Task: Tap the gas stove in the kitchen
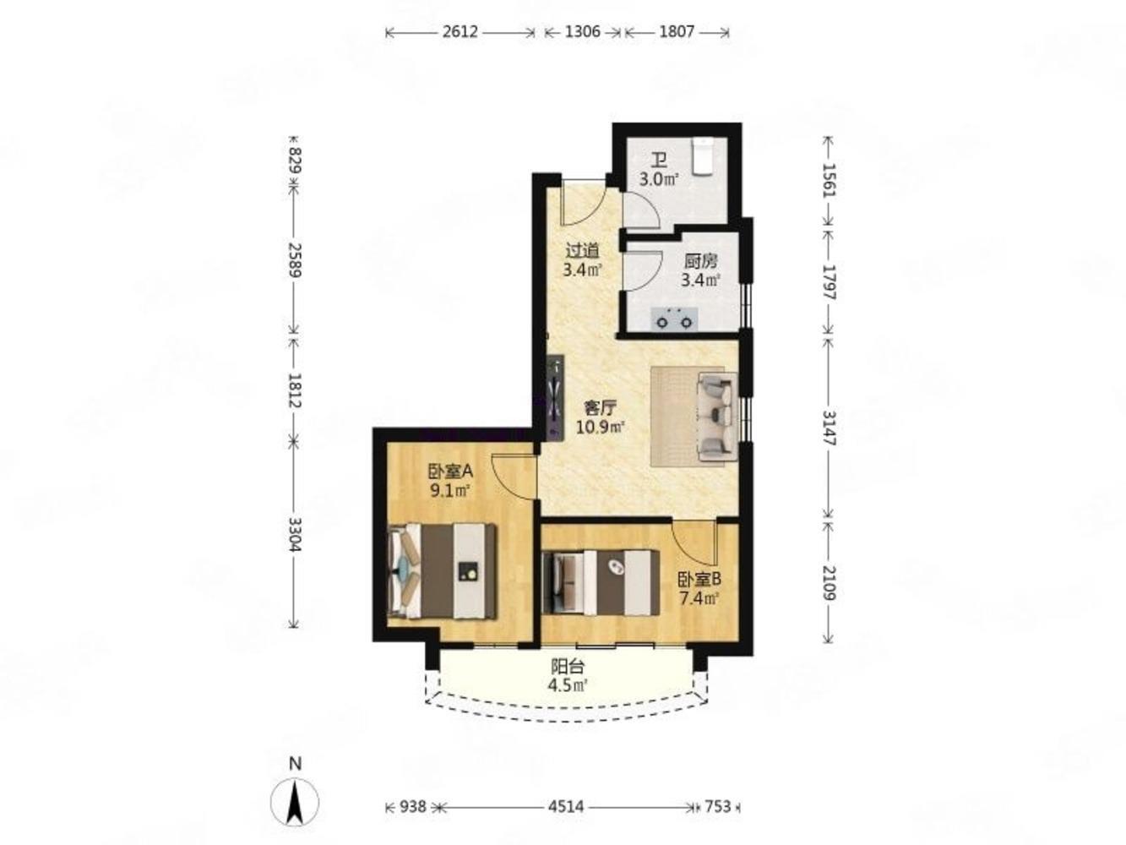[674, 318]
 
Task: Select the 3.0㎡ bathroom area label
[659, 180]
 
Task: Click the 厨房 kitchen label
[700, 262]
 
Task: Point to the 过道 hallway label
[582, 250]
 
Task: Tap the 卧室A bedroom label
[450, 471]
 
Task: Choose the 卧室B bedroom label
[699, 579]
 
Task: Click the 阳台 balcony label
[568, 667]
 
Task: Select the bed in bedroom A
[442, 570]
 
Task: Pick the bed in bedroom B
[601, 582]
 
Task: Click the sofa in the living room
[718, 415]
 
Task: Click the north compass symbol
[294, 800]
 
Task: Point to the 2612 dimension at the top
[460, 32]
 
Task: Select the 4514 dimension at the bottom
[566, 806]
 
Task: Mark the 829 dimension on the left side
[295, 160]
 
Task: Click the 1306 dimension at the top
[582, 32]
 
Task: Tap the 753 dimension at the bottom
[717, 806]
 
